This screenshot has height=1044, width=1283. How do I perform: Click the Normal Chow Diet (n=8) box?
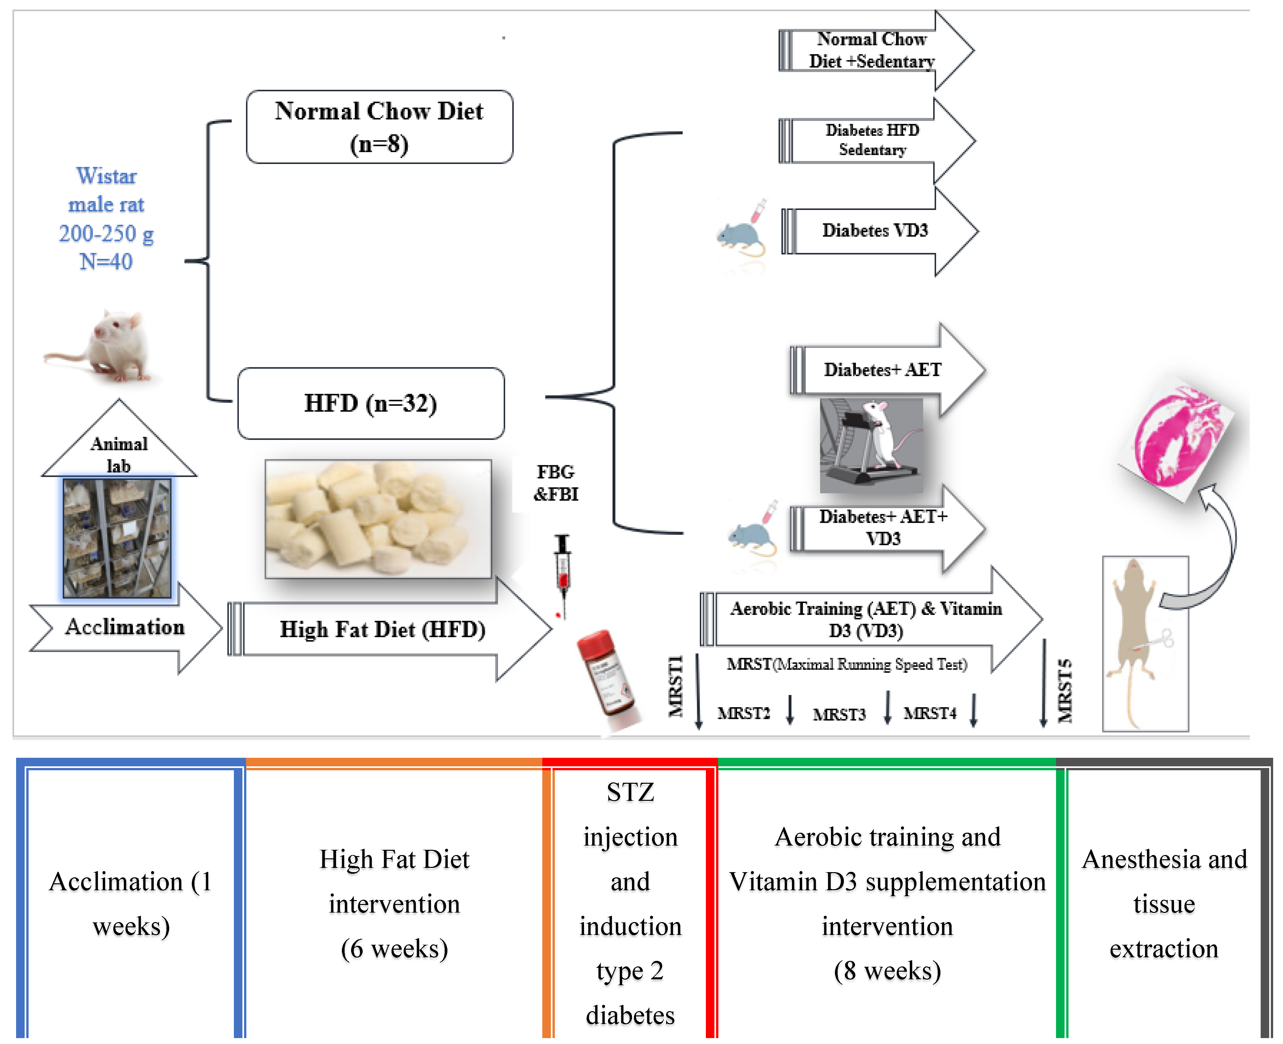coord(379,127)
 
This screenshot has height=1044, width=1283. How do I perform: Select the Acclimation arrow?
coord(125,627)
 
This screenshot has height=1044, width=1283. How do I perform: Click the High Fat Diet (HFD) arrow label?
coord(382,630)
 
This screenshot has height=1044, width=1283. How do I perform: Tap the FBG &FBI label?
coord(555,483)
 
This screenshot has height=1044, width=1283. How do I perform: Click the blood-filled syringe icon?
coord(562,574)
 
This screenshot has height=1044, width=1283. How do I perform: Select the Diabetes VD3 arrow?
coord(875,231)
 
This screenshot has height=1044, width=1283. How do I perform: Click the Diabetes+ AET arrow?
coord(883,370)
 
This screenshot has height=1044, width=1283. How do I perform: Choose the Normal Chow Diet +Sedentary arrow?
coord(872,50)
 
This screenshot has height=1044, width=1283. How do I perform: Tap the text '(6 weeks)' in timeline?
coord(394,949)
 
